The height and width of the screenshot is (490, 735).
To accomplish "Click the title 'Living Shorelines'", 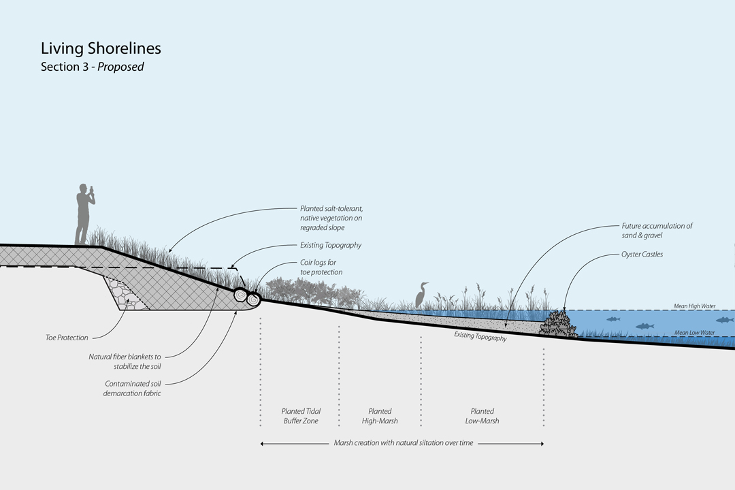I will [101, 49].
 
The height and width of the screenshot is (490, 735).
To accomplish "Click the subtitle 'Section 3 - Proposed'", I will [92, 67].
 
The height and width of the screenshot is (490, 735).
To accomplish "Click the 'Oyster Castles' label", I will [642, 255].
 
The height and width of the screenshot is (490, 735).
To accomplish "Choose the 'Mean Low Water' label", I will [694, 333].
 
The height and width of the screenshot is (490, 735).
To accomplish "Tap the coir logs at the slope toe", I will [248, 296].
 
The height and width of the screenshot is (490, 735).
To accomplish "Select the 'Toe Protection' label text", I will [67, 338].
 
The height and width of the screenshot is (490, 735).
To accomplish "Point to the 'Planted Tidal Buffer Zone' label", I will [301, 416].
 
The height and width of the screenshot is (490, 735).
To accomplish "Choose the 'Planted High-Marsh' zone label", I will [380, 416].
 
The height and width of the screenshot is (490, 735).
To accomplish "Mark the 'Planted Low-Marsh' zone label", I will [483, 416].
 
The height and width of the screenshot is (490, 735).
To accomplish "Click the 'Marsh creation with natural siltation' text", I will [403, 443].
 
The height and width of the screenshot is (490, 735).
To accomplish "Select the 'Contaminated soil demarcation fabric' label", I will [133, 389].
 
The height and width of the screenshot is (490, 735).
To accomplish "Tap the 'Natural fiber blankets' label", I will [125, 361].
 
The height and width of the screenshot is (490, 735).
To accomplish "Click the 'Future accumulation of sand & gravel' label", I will [657, 230].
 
